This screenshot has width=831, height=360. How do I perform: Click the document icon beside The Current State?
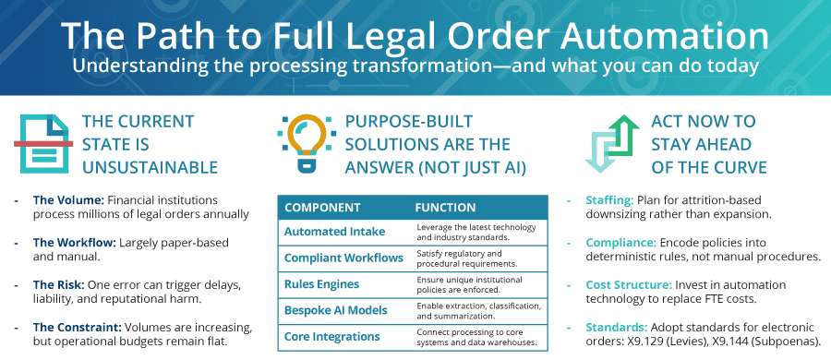42,143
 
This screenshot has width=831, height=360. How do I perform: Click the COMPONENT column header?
322,208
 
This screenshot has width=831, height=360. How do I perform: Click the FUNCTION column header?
446,208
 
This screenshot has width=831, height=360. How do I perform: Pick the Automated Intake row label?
334,231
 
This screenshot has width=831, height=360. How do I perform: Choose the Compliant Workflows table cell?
343,258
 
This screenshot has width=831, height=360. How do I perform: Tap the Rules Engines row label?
324,283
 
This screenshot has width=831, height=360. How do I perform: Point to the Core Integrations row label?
333,336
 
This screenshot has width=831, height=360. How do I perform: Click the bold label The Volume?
67,199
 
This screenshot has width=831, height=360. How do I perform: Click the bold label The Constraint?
76,327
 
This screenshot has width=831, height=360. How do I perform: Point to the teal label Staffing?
611,199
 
